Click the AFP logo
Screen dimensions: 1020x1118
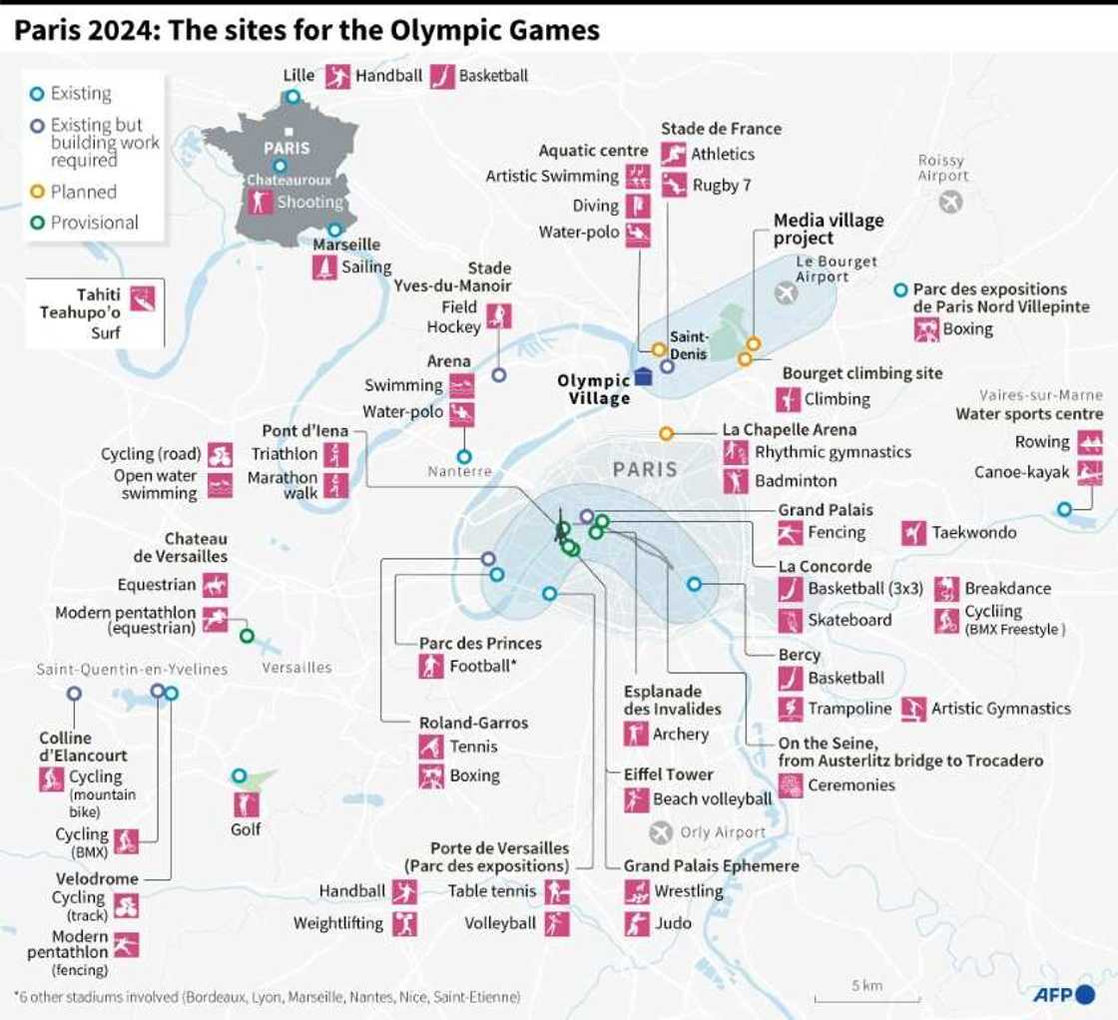pos(1063,994)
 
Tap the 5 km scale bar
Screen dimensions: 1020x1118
pos(851,997)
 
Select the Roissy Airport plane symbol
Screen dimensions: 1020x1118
pos(950,203)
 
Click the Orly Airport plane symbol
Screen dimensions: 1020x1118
pos(661,832)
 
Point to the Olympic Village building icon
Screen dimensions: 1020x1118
pos(644,376)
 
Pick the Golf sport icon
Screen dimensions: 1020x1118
pos(246,805)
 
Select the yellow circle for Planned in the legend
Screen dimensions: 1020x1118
pos(36,192)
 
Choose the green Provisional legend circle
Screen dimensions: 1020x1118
pos(36,223)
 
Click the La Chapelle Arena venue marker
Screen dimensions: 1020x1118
pos(666,433)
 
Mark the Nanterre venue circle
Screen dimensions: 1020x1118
pos(464,456)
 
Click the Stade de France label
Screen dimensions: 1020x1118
pos(721,129)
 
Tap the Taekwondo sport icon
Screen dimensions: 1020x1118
pos(913,533)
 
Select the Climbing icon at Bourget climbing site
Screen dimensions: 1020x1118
pos(790,399)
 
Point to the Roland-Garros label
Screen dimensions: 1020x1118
pos(473,722)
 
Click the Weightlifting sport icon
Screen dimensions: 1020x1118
pos(404,924)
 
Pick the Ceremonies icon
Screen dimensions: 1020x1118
pos(791,785)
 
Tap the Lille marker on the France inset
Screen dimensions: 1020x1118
pos(292,97)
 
